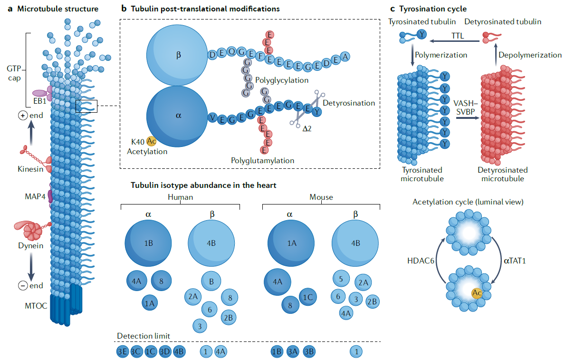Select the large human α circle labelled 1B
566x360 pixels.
point(148,243)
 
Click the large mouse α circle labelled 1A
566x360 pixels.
point(291,243)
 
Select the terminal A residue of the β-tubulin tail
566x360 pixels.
point(346,56)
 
